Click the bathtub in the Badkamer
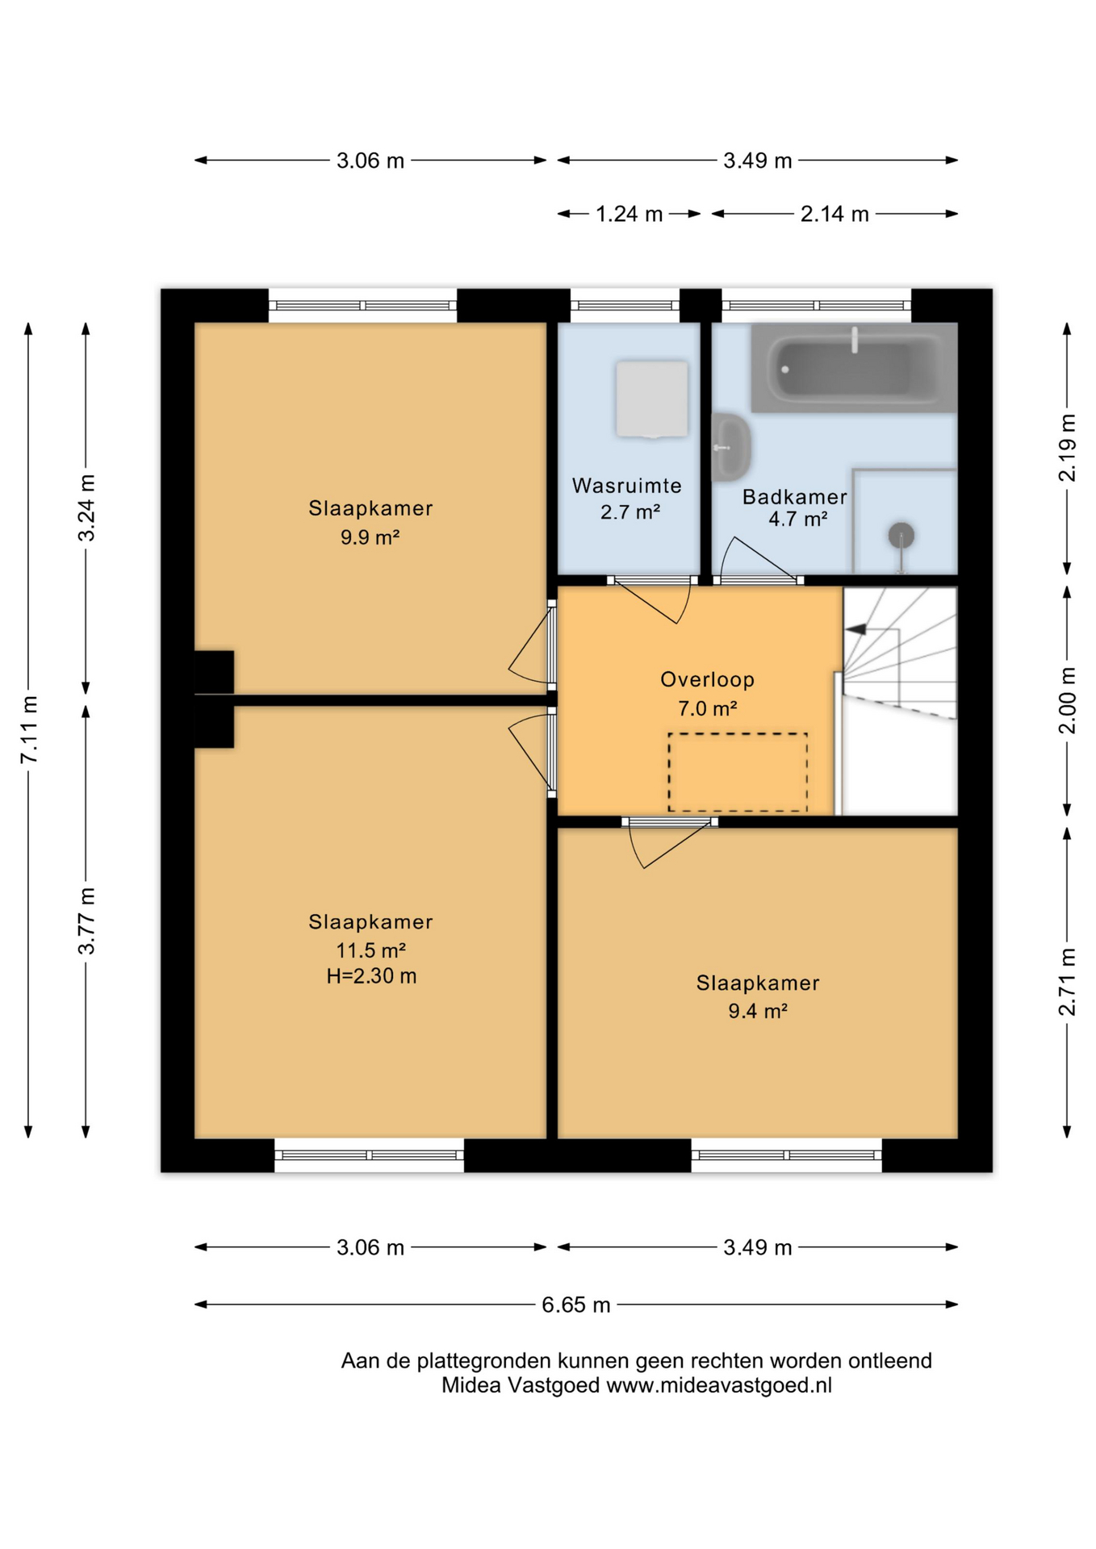click(x=854, y=368)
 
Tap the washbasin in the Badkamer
click(x=731, y=447)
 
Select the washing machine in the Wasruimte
click(x=652, y=399)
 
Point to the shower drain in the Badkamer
click(x=901, y=535)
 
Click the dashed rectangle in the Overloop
click(x=738, y=772)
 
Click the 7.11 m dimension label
click(x=29, y=729)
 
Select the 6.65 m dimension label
click(x=575, y=1305)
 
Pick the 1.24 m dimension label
click(x=629, y=214)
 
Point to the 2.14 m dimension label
click(x=835, y=214)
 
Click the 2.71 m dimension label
click(x=1067, y=982)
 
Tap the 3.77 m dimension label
click(x=86, y=921)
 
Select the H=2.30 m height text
click(x=371, y=976)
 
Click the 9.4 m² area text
click(x=758, y=1011)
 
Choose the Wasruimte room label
click(x=627, y=486)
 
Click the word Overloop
click(x=708, y=680)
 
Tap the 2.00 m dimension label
click(x=1067, y=700)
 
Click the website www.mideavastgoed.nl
click(x=719, y=1385)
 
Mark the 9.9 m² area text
click(x=370, y=537)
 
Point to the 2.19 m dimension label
click(x=1067, y=448)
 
